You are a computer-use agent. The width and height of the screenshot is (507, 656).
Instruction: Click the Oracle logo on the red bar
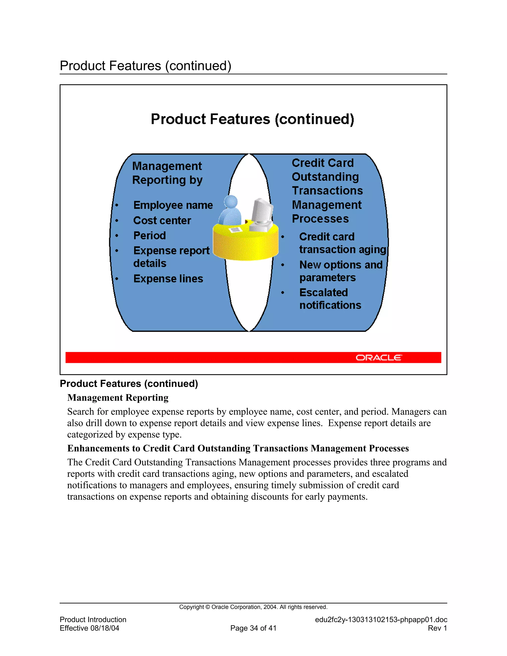click(379, 357)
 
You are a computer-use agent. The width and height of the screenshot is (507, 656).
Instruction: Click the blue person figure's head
click(231, 201)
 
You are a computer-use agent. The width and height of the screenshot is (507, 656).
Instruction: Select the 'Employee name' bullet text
click(173, 205)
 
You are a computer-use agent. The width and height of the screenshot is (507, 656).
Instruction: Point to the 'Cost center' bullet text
click(162, 221)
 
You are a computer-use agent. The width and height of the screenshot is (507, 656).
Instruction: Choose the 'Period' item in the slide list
click(150, 235)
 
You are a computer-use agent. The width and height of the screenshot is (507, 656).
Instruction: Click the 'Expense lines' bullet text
click(168, 279)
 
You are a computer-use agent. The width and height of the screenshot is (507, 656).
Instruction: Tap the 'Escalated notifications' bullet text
click(330, 299)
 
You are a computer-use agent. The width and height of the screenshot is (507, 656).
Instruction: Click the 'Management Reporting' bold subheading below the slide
click(118, 398)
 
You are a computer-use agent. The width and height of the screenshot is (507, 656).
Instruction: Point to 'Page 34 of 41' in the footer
click(253, 628)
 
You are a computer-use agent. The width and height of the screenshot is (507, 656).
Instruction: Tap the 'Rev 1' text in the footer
click(437, 628)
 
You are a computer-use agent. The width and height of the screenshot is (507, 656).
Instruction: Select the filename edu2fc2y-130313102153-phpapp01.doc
click(381, 620)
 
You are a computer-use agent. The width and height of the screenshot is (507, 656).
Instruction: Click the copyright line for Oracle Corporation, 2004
click(253, 607)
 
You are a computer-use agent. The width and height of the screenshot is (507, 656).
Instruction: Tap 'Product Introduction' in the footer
click(93, 620)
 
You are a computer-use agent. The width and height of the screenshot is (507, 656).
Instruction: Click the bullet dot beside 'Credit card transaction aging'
click(283, 237)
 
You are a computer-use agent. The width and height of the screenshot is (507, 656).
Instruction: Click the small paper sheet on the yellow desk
click(235, 230)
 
